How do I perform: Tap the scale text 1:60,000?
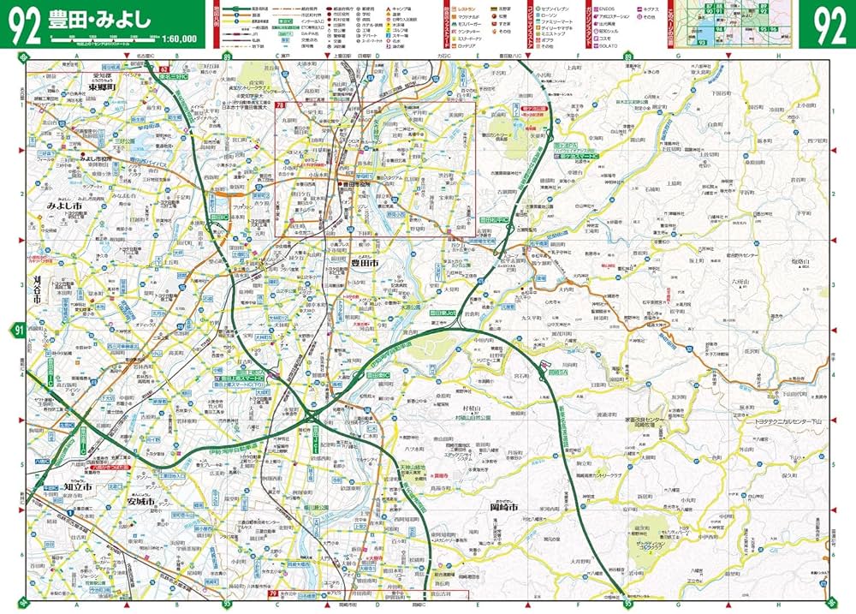pos(177,39)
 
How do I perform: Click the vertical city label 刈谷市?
pos(37,291)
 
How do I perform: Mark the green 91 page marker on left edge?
pos(18,330)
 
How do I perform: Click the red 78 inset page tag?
pos(280,105)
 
